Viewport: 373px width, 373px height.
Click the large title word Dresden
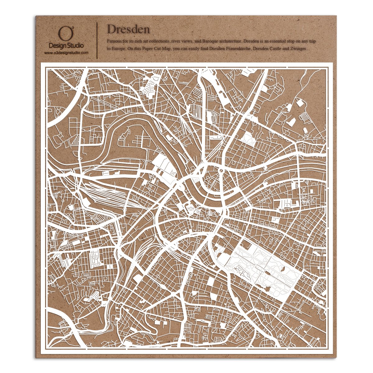pyautogui.click(x=128, y=30)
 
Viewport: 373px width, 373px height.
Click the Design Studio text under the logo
pyautogui.click(x=66, y=46)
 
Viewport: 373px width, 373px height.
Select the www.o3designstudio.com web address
pyautogui.click(x=66, y=53)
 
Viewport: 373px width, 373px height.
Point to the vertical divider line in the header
pyautogui.click(x=98, y=40)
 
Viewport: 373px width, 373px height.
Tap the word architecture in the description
pyautogui.click(x=230, y=41)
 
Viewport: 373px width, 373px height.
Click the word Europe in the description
pyautogui.click(x=119, y=49)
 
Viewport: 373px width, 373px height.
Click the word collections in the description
pyautogui.click(x=158, y=41)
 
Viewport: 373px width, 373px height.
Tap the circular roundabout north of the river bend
pyautogui.click(x=220, y=170)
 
